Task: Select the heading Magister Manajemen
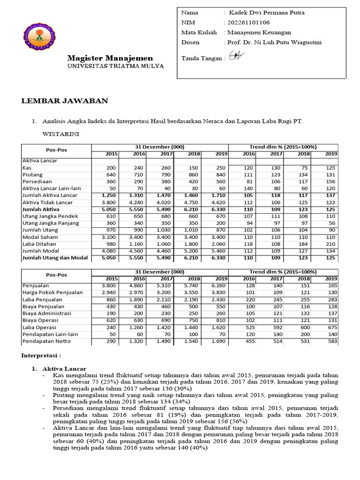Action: (110, 58)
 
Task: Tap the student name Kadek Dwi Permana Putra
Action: (266, 13)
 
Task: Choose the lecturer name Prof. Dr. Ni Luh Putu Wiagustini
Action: (273, 42)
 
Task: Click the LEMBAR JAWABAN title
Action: (65, 101)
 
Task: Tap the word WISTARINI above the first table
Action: (60, 134)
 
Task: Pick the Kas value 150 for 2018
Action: (194, 167)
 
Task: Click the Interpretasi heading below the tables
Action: (41, 356)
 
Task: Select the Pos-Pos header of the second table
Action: (55, 275)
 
